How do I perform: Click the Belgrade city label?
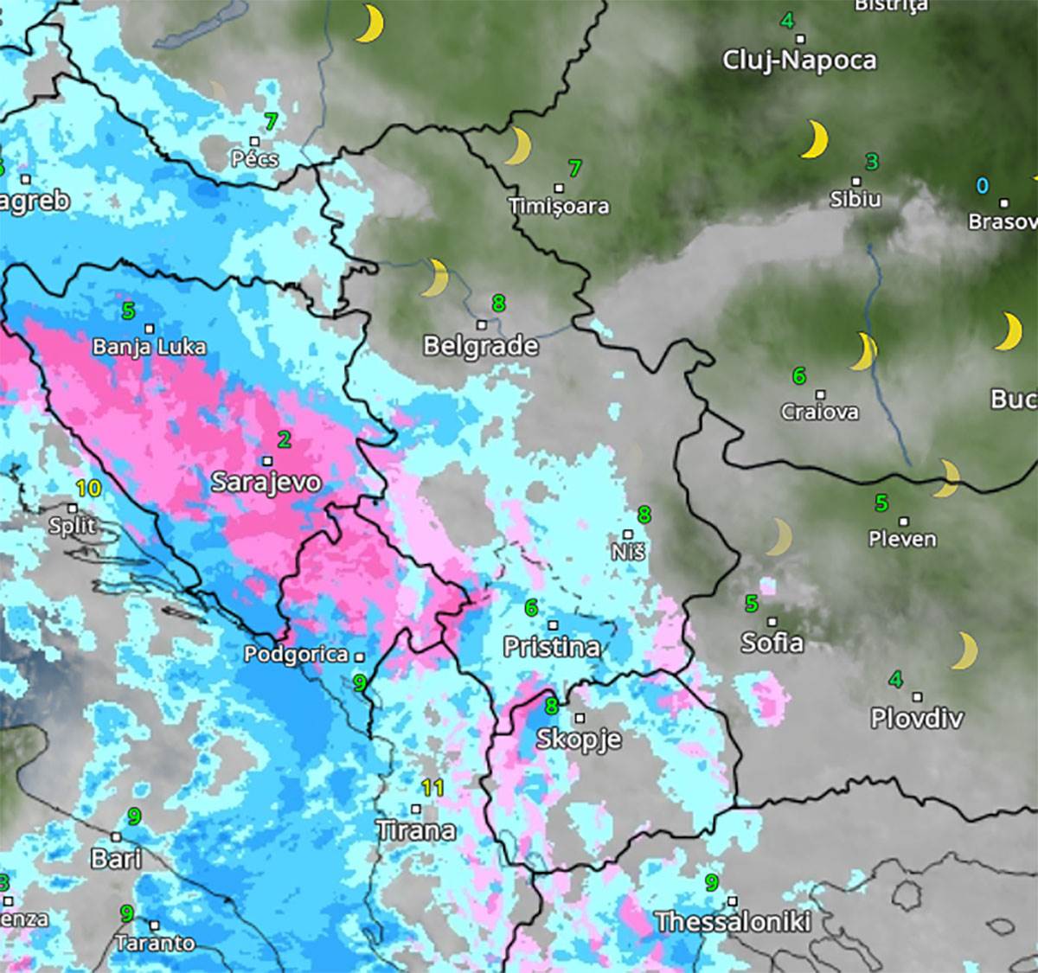[x=480, y=346]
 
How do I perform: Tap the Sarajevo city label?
[x=266, y=482]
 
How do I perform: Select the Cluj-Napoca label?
[x=799, y=60]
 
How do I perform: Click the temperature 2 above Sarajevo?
[x=284, y=439]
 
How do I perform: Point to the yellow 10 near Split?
[x=88, y=489]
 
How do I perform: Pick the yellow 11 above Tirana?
[x=432, y=788]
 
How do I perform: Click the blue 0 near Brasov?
[x=982, y=185]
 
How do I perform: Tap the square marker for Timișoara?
[x=559, y=188]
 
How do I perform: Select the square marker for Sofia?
[x=772, y=621]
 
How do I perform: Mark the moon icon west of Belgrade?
[x=436, y=277]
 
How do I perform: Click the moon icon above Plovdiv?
[x=964, y=650]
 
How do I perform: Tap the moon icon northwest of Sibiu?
[x=813, y=139]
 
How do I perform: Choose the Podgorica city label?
[x=296, y=655]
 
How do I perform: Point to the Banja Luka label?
[x=149, y=347]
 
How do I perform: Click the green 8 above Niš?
[x=644, y=515]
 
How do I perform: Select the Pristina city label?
[x=551, y=647]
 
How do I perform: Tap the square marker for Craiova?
[x=820, y=394]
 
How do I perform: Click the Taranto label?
[x=155, y=943]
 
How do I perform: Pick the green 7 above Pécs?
[x=272, y=122]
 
